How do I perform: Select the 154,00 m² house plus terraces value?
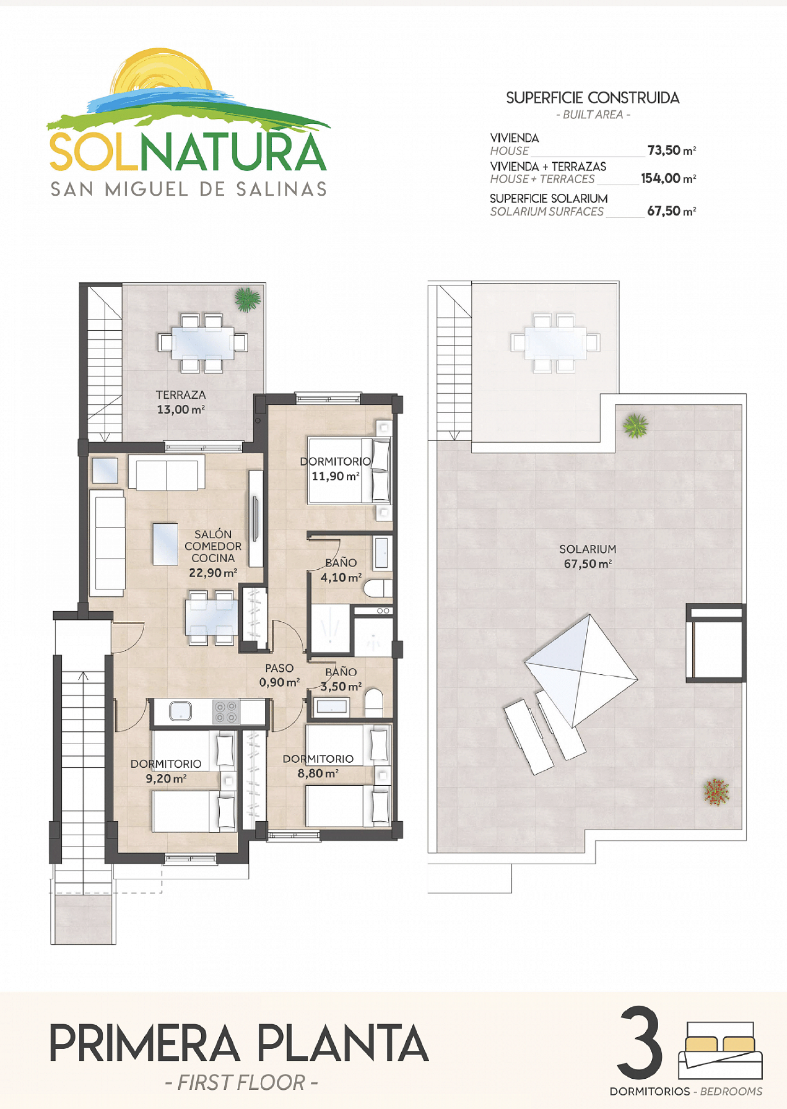[668, 178]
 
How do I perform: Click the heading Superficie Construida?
[592, 98]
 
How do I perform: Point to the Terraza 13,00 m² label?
[181, 402]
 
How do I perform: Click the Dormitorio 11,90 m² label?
[335, 468]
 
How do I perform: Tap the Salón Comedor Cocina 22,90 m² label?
[213, 553]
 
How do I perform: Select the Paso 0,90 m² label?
[279, 675]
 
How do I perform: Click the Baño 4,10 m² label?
[341, 570]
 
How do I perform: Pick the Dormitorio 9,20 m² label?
[166, 771]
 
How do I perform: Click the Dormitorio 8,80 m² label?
[318, 766]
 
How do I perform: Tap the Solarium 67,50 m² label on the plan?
[587, 556]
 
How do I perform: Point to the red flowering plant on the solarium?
[716, 792]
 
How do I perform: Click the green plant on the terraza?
[248, 300]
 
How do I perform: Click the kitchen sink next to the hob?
[180, 711]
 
